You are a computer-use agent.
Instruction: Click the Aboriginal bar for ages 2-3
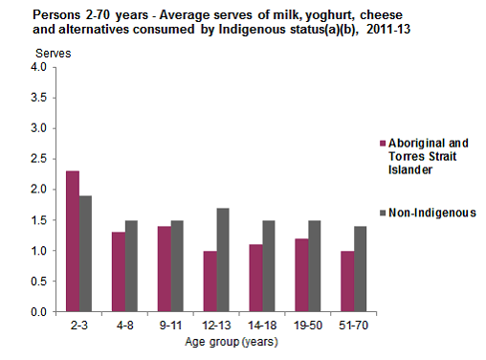(73, 241)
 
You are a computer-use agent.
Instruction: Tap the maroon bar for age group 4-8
(118, 272)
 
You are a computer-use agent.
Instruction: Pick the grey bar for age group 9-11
(176, 266)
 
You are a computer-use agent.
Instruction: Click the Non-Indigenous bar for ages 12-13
(221, 259)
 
